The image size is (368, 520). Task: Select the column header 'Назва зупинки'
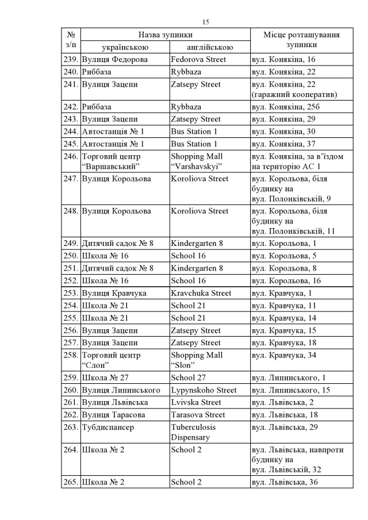coord(165,35)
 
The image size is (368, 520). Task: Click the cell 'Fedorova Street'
coord(198,59)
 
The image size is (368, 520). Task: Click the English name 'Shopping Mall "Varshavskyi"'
coord(197,161)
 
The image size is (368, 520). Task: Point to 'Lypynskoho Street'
coord(204,390)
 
